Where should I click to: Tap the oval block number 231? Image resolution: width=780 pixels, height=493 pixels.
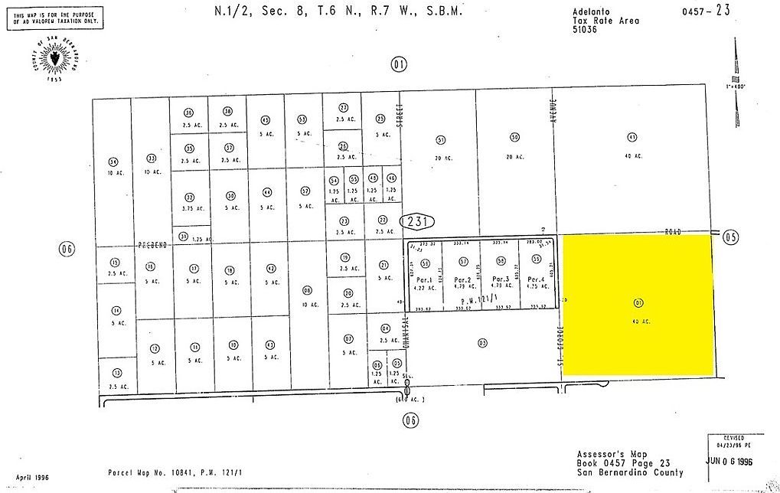pyautogui.click(x=417, y=222)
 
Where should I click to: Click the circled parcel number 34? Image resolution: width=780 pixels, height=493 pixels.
pyautogui.click(x=113, y=162)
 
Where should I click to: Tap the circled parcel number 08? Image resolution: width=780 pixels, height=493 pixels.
pyautogui.click(x=307, y=290)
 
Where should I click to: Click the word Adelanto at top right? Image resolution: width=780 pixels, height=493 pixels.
pyautogui.click(x=588, y=11)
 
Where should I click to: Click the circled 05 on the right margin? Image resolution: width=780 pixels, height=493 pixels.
pyautogui.click(x=730, y=237)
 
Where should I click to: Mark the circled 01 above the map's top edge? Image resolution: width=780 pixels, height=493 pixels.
pyautogui.click(x=397, y=64)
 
